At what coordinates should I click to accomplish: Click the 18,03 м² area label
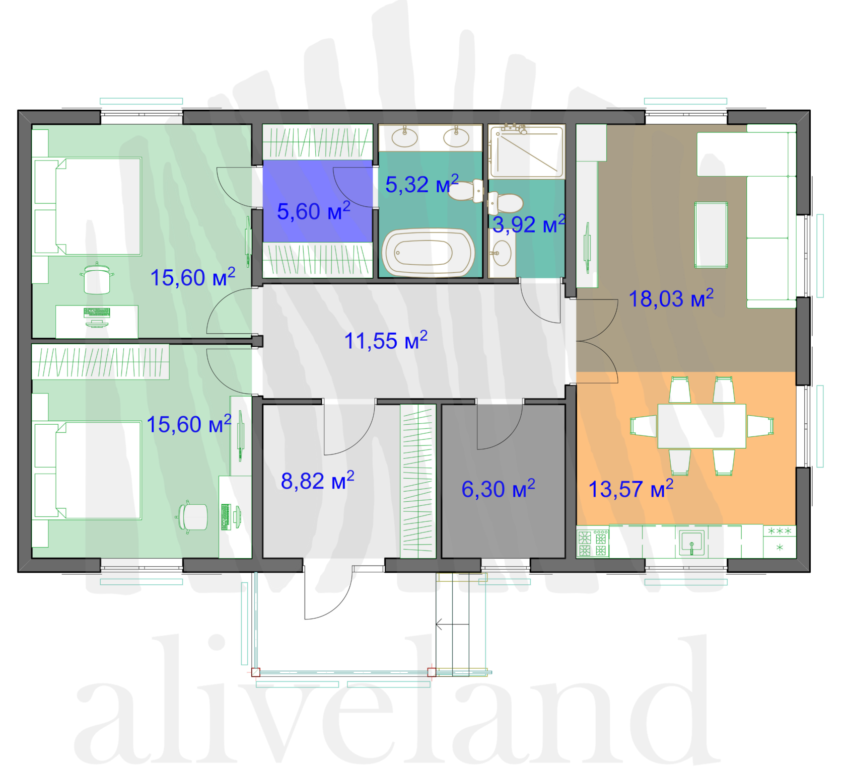click(x=671, y=298)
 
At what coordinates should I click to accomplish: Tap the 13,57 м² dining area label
click(x=631, y=489)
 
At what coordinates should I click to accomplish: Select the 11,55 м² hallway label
click(x=386, y=341)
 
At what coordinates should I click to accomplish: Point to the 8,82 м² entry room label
click(x=318, y=481)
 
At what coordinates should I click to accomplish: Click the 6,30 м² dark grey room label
click(x=498, y=489)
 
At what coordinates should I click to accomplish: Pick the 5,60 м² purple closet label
click(x=314, y=211)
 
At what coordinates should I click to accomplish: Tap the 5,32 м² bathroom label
click(x=422, y=184)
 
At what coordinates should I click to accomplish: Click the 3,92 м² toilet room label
click(x=529, y=224)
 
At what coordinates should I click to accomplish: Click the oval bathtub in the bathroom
click(x=428, y=253)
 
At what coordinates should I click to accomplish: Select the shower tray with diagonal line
click(x=526, y=151)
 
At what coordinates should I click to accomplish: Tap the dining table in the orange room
click(x=701, y=426)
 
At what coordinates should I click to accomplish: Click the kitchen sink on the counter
click(x=692, y=543)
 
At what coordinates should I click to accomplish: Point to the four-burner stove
click(x=593, y=543)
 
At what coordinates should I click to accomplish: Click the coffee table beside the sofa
click(x=711, y=235)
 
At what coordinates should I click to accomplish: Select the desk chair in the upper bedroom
click(x=97, y=278)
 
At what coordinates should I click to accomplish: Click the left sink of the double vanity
click(x=404, y=137)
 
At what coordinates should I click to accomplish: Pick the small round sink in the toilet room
click(x=502, y=253)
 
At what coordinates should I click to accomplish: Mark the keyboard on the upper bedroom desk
click(x=97, y=312)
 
